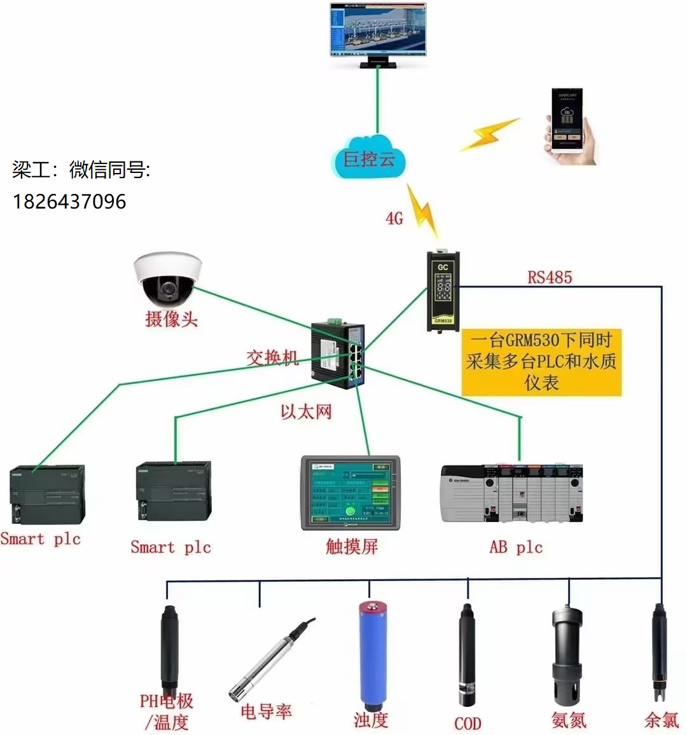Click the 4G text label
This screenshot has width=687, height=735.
[394, 219]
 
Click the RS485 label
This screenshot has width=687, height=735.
[550, 277]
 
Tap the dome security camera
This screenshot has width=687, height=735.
[167, 278]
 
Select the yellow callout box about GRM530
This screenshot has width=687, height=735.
[541, 361]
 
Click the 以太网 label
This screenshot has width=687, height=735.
[306, 412]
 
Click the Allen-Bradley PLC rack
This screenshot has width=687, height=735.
[512, 493]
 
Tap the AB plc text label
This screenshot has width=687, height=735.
[516, 547]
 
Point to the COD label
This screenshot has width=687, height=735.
[468, 723]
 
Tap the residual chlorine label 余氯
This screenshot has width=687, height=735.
[662, 720]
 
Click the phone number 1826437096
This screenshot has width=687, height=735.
[69, 202]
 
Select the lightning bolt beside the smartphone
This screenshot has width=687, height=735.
[490, 134]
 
